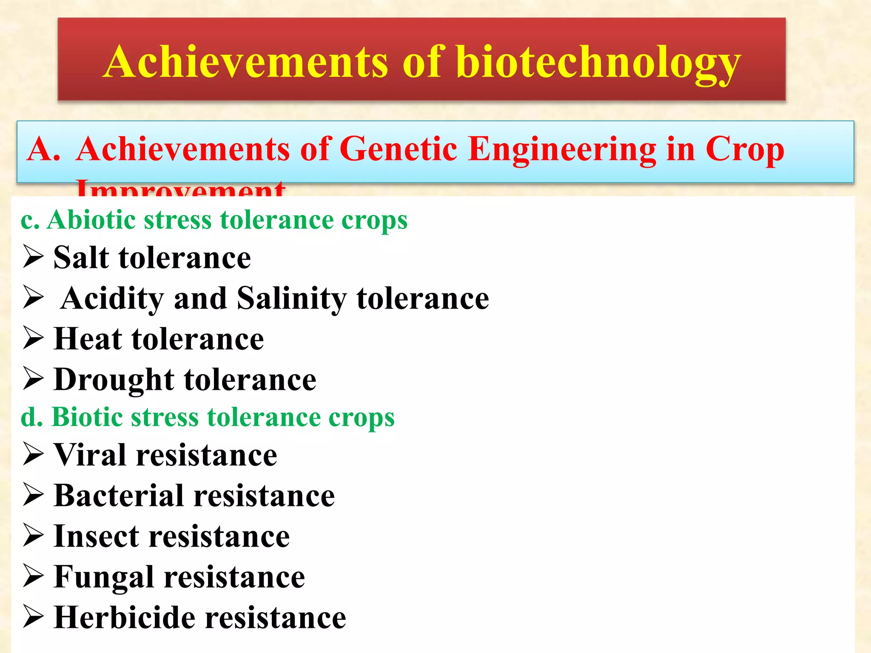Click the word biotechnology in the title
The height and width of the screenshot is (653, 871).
599,63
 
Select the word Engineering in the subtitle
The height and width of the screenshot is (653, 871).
562,150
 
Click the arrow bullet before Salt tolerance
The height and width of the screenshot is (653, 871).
33,256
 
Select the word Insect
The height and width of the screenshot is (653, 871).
96,537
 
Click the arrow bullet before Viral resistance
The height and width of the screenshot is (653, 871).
33,454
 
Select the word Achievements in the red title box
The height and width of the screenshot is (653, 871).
246,62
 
